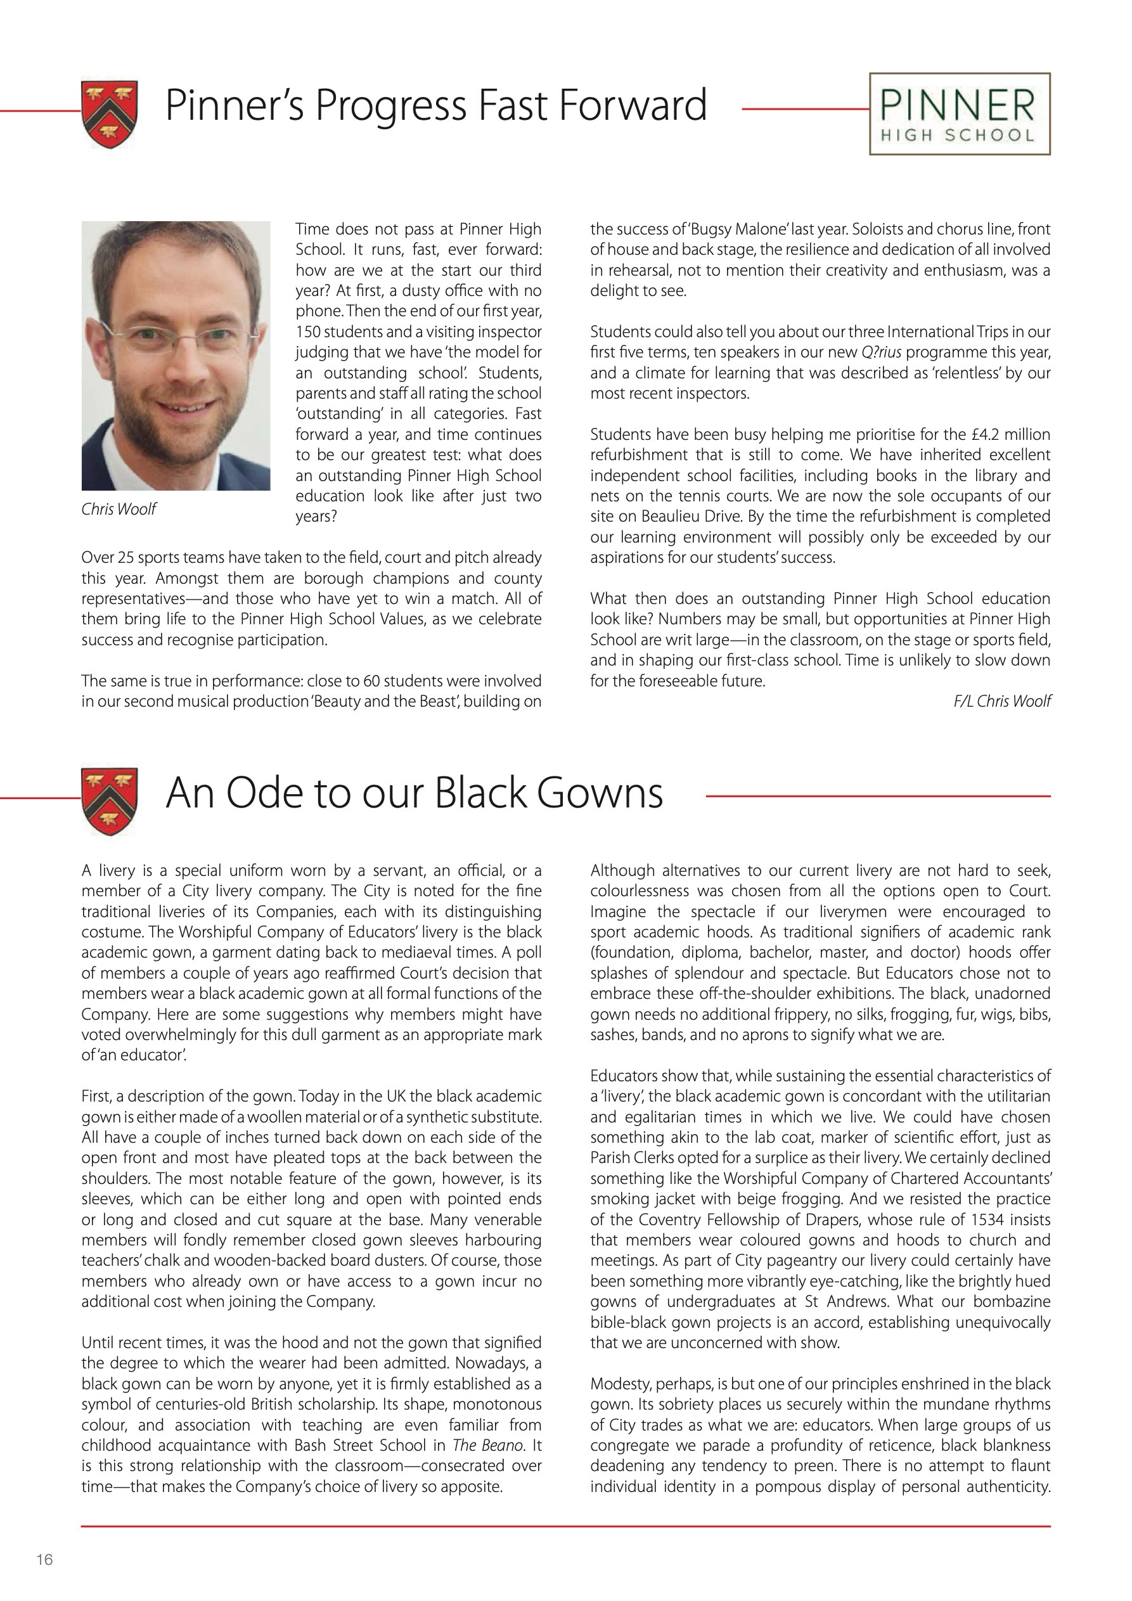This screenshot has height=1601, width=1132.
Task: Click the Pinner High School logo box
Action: click(x=960, y=113)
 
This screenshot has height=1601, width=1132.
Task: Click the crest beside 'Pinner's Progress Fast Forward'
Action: click(x=110, y=113)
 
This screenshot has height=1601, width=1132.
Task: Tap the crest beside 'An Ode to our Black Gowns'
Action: click(x=110, y=801)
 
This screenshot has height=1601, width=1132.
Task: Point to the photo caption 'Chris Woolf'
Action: click(x=119, y=509)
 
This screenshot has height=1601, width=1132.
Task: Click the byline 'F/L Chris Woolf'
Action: click(x=1001, y=702)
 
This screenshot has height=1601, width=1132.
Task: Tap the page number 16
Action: click(x=44, y=1559)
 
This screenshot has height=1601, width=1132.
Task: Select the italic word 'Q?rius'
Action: click(x=881, y=353)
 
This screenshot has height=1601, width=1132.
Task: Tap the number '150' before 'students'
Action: click(x=307, y=333)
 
